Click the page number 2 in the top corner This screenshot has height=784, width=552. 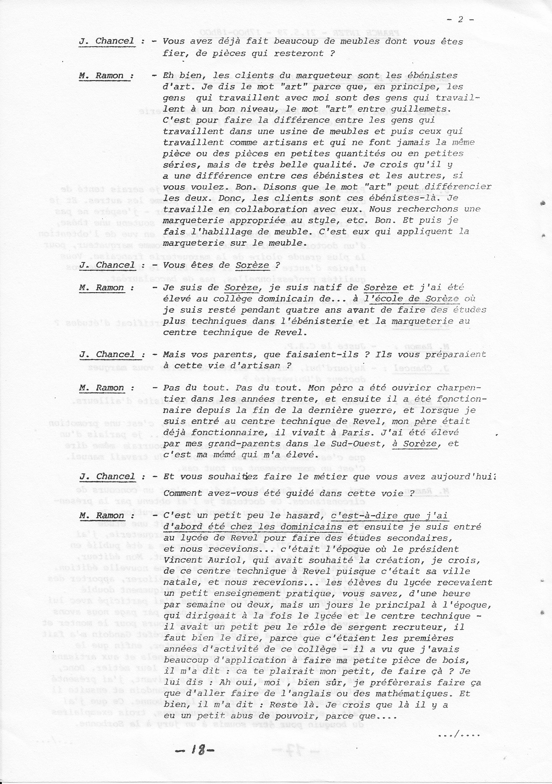point(460,19)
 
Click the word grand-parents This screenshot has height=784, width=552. point(217,443)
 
